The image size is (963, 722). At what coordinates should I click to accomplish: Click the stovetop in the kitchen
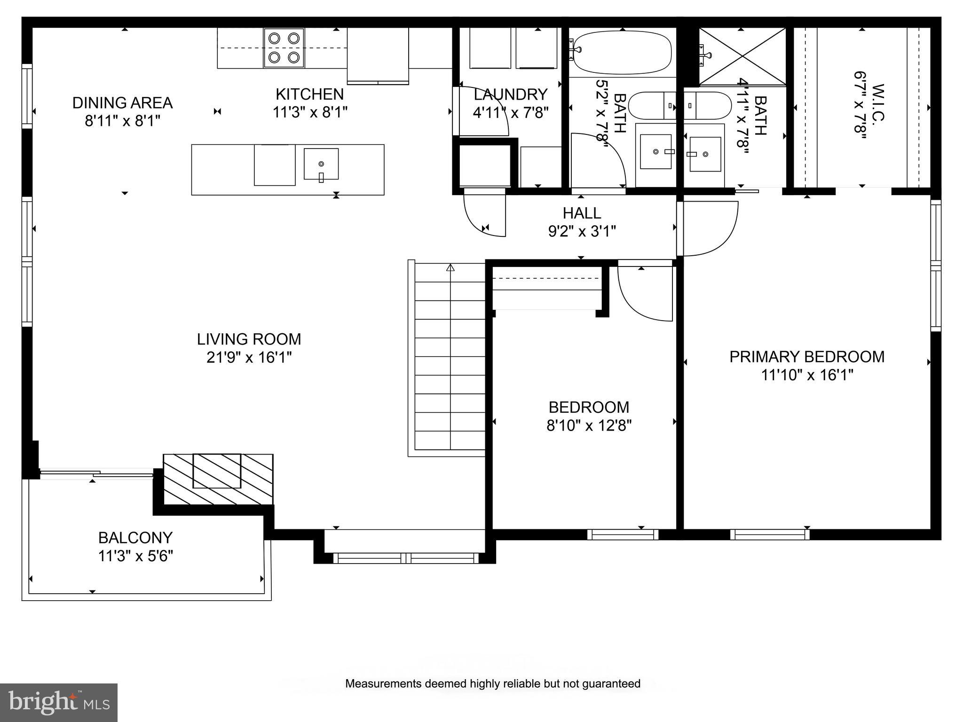(x=284, y=48)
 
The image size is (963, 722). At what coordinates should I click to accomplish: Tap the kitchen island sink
(x=321, y=164)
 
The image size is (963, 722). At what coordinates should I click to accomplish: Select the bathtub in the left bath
(x=621, y=53)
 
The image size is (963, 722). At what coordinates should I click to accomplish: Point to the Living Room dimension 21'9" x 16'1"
(x=249, y=358)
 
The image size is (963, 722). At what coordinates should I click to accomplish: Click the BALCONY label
(x=135, y=537)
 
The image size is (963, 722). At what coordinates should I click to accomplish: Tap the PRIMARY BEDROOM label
(x=806, y=357)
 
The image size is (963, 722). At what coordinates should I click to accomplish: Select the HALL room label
(x=582, y=213)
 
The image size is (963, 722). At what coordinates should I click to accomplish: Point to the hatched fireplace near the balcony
(x=218, y=479)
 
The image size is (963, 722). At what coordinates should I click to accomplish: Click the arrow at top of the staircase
(x=450, y=268)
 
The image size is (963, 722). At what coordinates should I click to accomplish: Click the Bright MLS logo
(x=59, y=702)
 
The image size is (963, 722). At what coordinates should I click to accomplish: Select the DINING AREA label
(x=122, y=103)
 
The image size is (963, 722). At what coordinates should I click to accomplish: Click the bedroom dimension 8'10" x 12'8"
(x=588, y=426)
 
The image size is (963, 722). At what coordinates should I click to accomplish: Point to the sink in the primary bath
(x=705, y=154)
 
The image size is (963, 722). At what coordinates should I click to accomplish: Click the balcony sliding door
(x=96, y=474)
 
